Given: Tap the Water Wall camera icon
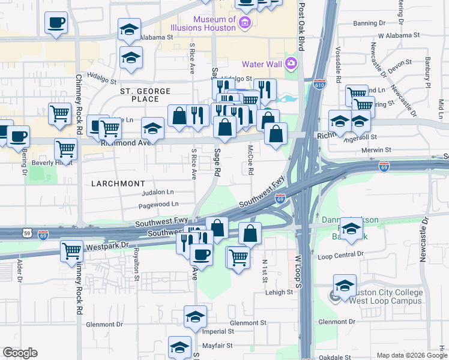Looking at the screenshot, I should (x=292, y=64).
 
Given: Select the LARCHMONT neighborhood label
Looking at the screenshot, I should (x=119, y=183).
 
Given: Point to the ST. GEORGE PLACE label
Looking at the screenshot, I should (x=145, y=91).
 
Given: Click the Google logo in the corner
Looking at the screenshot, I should (x=20, y=352).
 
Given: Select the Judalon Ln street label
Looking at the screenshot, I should (x=157, y=193).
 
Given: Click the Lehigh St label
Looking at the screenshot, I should (x=281, y=293).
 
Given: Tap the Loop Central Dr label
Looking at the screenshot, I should (x=340, y=254).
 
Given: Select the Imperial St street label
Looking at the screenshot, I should (x=218, y=331).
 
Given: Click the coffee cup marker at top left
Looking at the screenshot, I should (x=56, y=23).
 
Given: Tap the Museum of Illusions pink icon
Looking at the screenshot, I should (x=244, y=23).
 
